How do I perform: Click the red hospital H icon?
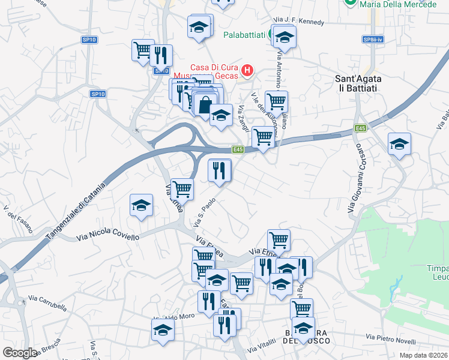[x=246, y=73]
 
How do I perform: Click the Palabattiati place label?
[x=244, y=35]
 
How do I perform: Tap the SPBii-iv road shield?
[x=372, y=40]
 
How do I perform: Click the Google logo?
[x=20, y=352]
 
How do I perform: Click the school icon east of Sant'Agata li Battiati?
[x=399, y=144]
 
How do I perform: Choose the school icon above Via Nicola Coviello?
[x=141, y=206]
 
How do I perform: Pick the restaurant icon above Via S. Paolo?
[x=220, y=170]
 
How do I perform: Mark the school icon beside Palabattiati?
[x=285, y=37]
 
